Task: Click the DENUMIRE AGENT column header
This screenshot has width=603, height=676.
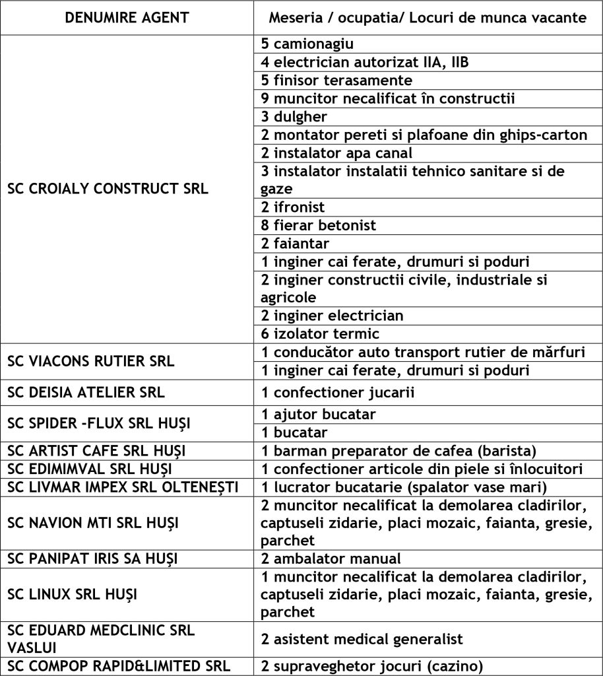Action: (x=127, y=18)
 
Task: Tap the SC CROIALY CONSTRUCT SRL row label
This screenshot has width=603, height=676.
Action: (x=108, y=188)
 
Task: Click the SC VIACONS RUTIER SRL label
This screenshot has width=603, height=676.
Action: (x=91, y=361)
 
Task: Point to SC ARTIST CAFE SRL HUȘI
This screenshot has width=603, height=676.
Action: (x=96, y=451)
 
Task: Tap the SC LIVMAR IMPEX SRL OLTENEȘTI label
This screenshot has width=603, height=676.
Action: (x=117, y=487)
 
